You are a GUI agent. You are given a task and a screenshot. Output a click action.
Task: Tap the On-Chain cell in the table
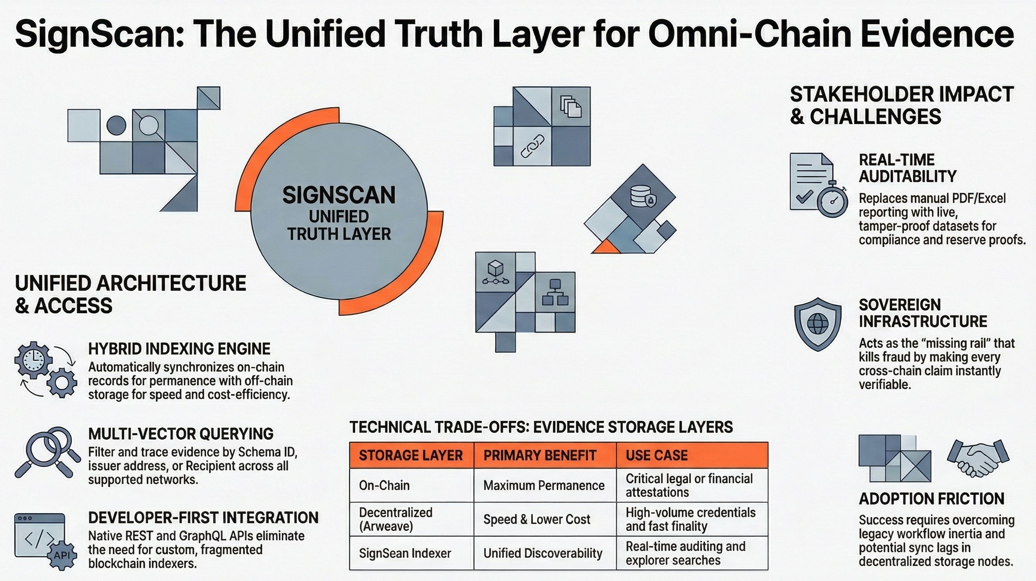[384, 485]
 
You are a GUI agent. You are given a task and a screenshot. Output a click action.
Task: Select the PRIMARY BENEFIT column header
[539, 455]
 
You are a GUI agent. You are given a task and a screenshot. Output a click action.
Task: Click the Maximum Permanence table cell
[544, 485]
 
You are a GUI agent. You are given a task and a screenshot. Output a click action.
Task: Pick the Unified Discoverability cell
[542, 553]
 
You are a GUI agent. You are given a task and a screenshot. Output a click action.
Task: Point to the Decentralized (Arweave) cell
[395, 519]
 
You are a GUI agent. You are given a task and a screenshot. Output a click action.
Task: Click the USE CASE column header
[656, 455]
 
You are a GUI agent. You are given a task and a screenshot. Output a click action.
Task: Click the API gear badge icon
[61, 555]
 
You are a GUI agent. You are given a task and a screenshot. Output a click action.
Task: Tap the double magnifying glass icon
[47, 451]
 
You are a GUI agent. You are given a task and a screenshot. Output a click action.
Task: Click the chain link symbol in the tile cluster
[532, 146]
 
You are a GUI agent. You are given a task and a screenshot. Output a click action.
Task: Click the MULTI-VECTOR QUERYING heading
[181, 434]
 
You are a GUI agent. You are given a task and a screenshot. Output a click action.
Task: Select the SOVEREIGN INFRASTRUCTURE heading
[923, 313]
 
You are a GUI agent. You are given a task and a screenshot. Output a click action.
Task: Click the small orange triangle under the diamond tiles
[606, 247]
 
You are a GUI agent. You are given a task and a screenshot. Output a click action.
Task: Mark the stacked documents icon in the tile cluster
[571, 106]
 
